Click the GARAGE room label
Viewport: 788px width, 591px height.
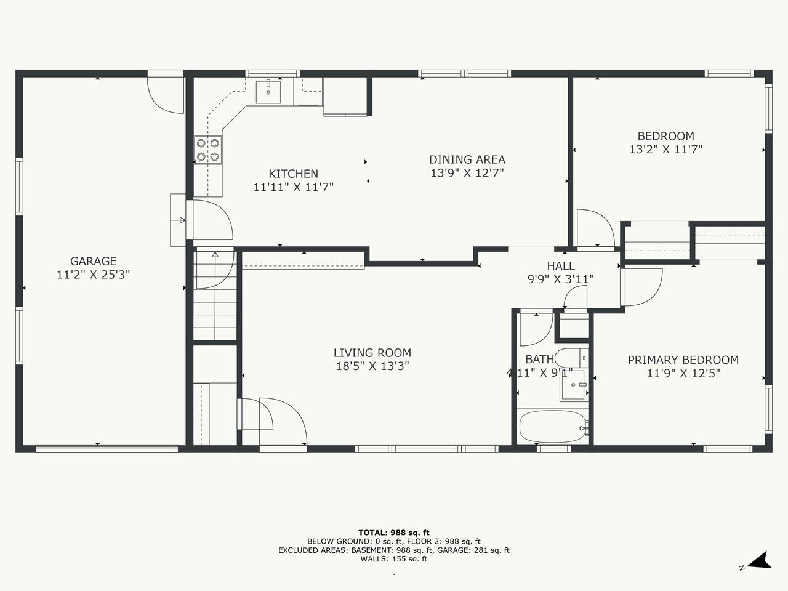point(94,261)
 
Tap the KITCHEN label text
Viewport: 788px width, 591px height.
point(293,174)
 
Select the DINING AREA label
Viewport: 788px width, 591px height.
point(467,159)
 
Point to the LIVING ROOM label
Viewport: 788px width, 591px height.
point(372,353)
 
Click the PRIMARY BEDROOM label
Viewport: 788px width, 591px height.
point(683,360)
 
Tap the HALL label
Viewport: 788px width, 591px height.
point(561,266)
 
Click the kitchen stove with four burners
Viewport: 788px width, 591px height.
point(208,150)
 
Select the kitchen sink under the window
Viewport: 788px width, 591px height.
point(268,92)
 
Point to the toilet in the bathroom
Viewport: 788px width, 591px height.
point(571,358)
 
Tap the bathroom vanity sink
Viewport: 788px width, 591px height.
point(573,385)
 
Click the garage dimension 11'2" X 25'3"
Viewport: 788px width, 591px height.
point(94,275)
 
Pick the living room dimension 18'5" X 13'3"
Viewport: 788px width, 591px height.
point(372,366)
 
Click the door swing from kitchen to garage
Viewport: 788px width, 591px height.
point(212,220)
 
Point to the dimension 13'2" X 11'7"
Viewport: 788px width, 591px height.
point(665,149)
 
